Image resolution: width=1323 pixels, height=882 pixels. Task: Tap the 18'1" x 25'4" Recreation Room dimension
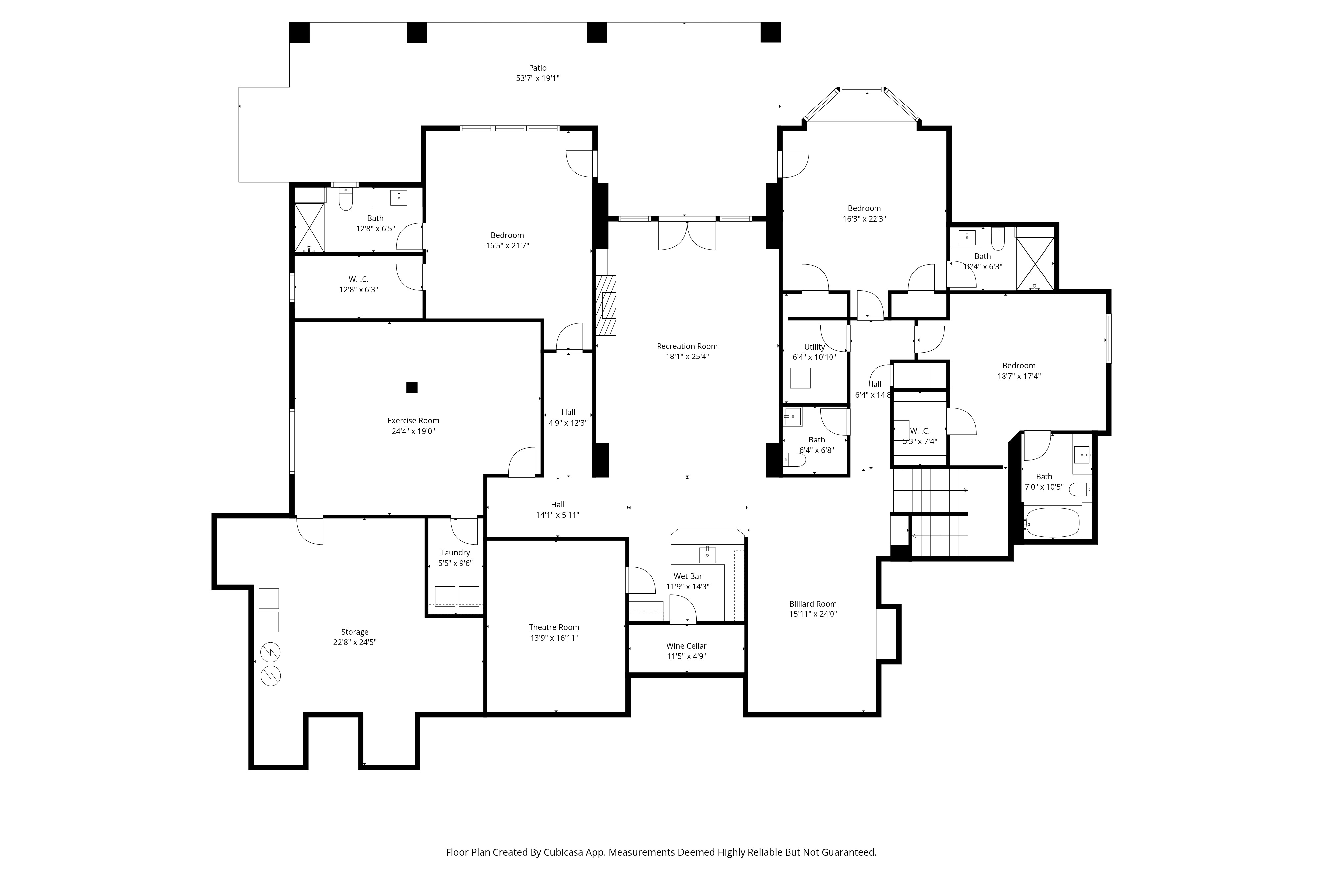coord(687,357)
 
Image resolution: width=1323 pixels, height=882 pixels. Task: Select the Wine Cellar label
coord(686,646)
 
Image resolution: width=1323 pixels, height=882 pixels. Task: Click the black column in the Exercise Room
coord(412,388)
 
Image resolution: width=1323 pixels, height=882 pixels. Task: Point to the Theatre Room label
coord(553,627)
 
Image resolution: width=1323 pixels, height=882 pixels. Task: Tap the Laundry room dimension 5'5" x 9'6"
coord(455,563)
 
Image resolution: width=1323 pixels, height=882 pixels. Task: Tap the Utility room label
coord(814,347)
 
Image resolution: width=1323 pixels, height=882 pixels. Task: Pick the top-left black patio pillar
coord(299,33)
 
